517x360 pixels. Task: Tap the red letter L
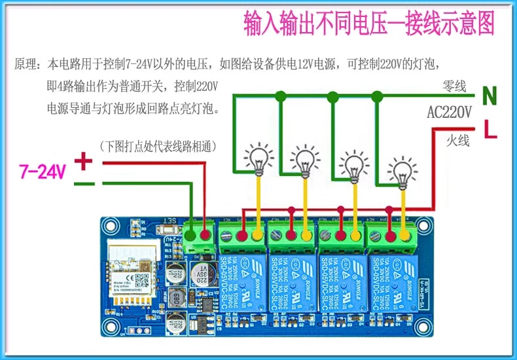490,129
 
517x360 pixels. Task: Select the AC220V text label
449,112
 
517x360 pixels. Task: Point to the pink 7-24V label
43,172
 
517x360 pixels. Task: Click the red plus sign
83,160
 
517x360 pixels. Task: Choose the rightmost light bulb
401,172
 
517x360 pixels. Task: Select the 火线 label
458,140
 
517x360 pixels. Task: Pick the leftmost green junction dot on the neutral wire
280,96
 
